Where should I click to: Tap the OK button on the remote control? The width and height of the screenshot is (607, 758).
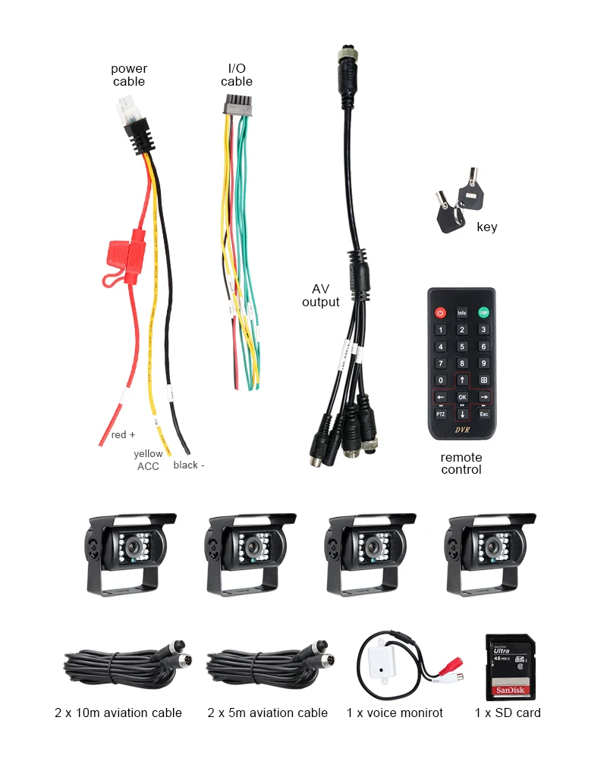click(x=461, y=397)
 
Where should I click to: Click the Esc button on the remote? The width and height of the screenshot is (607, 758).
click(x=483, y=415)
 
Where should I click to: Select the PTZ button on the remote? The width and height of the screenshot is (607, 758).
click(x=440, y=415)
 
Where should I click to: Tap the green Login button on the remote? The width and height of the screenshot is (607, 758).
click(x=483, y=312)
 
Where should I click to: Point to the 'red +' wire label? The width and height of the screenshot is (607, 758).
click(x=123, y=435)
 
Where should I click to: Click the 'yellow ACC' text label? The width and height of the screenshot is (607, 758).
click(x=148, y=460)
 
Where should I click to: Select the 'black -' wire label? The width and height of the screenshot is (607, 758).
click(x=188, y=465)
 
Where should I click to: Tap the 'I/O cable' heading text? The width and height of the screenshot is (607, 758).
click(x=237, y=75)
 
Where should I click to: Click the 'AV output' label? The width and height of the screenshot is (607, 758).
click(x=320, y=296)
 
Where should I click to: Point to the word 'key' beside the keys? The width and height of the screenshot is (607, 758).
click(x=487, y=227)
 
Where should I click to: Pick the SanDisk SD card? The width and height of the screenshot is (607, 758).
click(x=510, y=666)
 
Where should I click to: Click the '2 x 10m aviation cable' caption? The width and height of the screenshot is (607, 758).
click(x=118, y=713)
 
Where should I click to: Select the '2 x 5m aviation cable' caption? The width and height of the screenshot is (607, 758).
click(x=268, y=713)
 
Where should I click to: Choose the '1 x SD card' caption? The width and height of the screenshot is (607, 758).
click(x=508, y=713)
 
